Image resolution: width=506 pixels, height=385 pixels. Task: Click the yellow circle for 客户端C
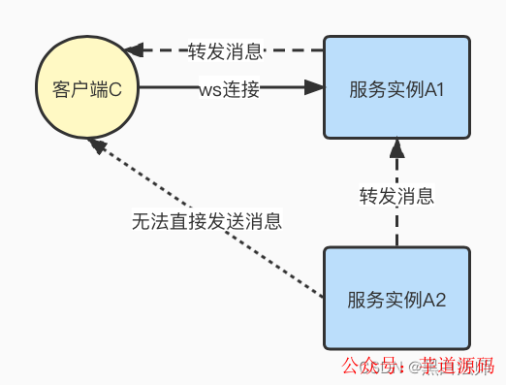[86, 88]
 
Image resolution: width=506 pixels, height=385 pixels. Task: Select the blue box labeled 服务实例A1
[396, 88]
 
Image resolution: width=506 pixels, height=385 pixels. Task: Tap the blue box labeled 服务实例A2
[396, 298]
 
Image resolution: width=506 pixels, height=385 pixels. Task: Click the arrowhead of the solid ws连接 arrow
[313, 88]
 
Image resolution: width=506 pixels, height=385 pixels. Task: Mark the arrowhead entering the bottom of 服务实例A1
[396, 148]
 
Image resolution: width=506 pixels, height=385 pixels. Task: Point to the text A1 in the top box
[433, 89]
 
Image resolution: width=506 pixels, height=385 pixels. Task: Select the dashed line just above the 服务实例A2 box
[396, 233]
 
